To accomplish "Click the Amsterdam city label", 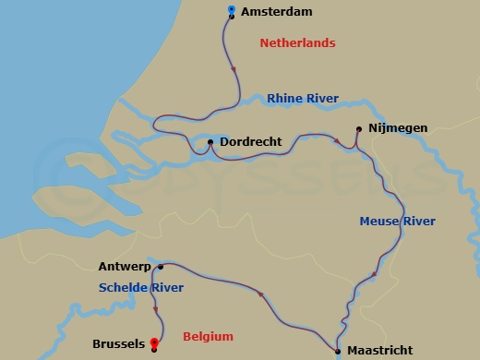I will point(276,12).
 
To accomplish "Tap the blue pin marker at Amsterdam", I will point(231,11).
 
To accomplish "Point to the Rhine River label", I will point(303,99).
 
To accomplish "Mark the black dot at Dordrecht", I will point(210,142).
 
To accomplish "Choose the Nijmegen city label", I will point(398,129).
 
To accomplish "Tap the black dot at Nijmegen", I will point(359,129).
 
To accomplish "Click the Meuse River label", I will point(397,221).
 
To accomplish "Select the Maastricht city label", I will point(379,351).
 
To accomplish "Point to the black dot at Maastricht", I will point(338,351).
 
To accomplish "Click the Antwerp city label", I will point(125,267).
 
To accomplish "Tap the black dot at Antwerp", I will point(161,267).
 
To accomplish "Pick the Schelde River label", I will point(141,288).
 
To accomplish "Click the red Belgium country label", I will point(208,337).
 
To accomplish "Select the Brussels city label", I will point(118,344).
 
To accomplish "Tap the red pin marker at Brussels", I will point(153,342).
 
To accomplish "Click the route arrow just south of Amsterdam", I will point(234,70).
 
